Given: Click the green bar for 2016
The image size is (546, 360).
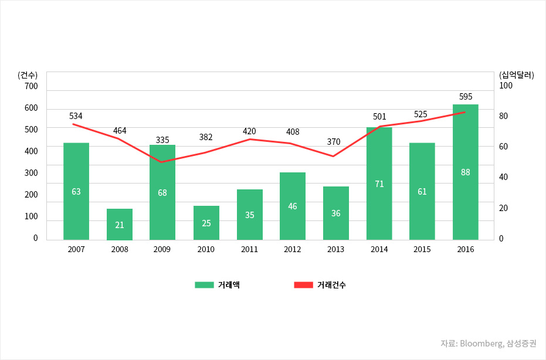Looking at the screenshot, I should tap(466, 172).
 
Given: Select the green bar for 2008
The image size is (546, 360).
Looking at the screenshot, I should tap(120, 224).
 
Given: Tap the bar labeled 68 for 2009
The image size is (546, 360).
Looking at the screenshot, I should tap(162, 192).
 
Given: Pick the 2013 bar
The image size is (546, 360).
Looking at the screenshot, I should tap(336, 213).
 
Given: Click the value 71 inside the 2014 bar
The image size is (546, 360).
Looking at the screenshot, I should tap(379, 184).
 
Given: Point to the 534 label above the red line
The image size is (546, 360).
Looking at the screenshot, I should tap(76, 115).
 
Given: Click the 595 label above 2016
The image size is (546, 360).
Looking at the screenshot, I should tap(466, 97).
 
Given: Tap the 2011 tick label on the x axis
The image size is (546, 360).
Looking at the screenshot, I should tap(249, 249).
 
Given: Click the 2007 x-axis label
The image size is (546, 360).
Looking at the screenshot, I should tap(76, 249).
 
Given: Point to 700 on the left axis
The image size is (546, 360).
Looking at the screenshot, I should tap(31, 86).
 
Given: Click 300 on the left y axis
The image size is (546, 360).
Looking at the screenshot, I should tap(31, 172).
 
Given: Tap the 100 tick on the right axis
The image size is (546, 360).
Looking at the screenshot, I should tap(506, 86).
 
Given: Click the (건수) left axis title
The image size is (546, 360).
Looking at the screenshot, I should tap(28, 75).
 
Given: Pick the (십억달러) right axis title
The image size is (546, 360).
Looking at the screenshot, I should tap(516, 75).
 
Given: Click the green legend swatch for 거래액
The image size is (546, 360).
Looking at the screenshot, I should tap(204, 285).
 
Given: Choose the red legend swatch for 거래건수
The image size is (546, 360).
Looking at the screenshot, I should tap(303, 285).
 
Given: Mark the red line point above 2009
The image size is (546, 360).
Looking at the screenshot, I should tap(162, 162).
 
